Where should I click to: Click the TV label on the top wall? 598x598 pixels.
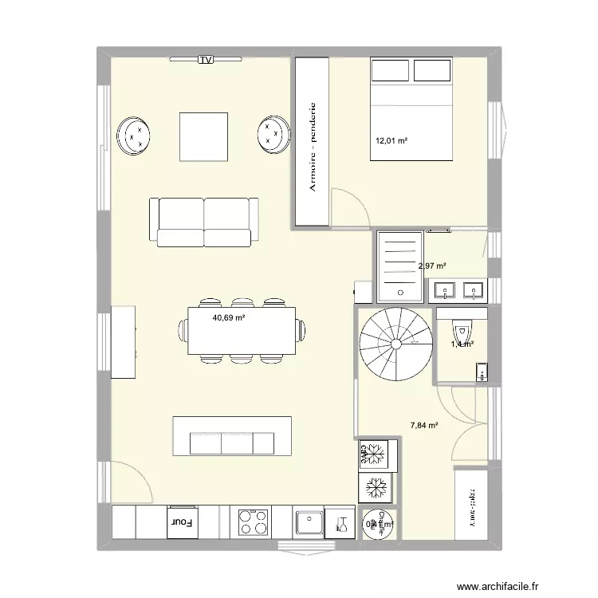point(207,59)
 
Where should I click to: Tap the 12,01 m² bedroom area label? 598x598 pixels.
point(391,141)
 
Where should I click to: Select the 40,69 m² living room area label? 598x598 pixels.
point(228,317)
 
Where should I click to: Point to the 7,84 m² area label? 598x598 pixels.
point(424,426)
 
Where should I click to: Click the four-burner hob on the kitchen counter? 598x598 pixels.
point(254,522)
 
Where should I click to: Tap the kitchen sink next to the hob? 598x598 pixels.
point(308,523)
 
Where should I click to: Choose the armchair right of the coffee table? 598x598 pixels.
point(273,134)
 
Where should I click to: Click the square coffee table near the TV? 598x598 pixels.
point(203,136)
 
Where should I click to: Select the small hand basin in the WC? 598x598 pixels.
point(481,371)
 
